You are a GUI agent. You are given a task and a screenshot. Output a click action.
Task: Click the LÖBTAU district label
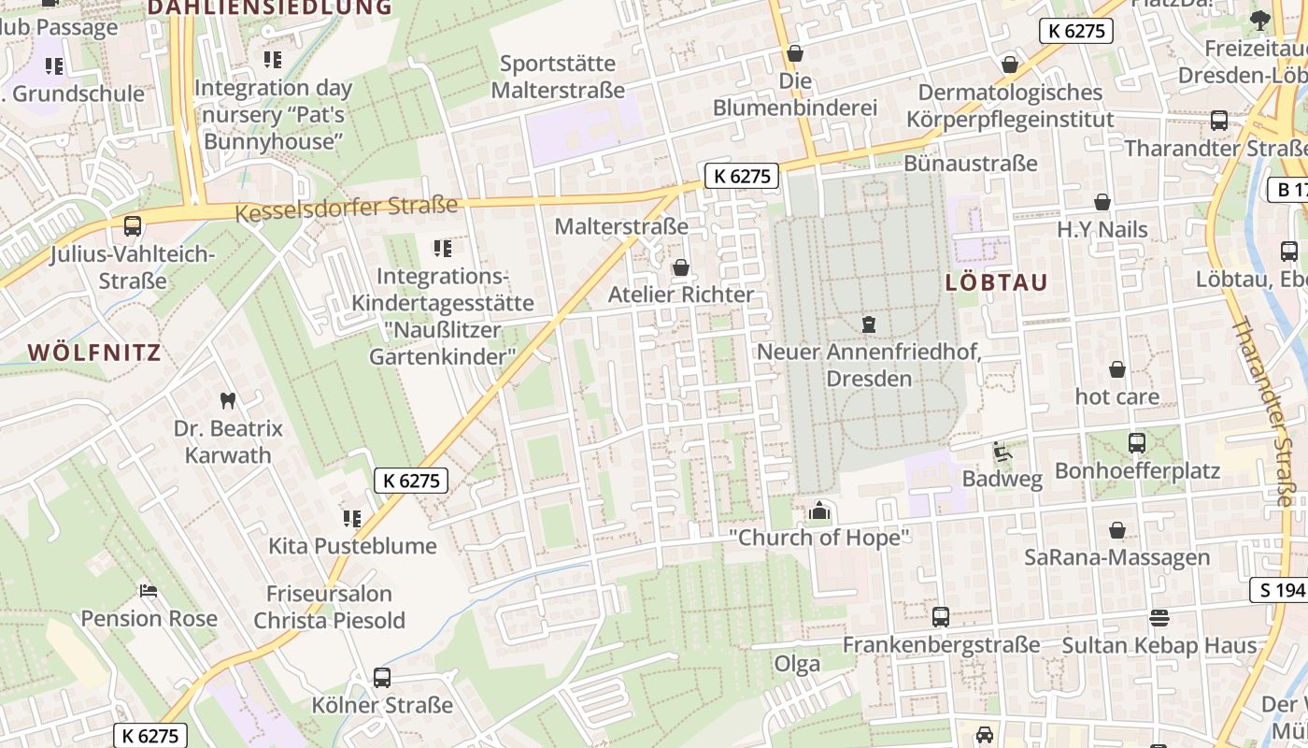(996, 282)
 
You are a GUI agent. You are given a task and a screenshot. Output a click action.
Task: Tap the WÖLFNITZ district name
(94, 352)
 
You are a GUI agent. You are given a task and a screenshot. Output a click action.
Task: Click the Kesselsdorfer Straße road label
(347, 208)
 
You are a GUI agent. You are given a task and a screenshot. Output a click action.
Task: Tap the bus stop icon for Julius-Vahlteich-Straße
(133, 225)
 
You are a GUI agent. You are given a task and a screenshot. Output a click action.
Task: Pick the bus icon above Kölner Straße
(381, 677)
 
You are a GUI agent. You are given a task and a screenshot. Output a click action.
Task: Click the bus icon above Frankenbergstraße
(941, 617)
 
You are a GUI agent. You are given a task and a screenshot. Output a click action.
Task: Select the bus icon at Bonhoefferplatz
(1137, 442)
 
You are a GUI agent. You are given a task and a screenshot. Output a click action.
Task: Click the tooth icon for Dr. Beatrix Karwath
(227, 400)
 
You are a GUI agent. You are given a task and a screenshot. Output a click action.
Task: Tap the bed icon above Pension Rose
(149, 590)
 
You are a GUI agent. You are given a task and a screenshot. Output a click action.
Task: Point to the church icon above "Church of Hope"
(819, 511)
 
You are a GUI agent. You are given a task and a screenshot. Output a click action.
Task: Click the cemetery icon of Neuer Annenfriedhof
(869, 324)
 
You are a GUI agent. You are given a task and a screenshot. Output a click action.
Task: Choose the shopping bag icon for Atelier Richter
(681, 267)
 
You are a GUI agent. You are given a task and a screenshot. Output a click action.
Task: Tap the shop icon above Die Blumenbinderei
(795, 53)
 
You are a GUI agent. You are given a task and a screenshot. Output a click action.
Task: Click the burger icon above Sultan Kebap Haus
(1159, 617)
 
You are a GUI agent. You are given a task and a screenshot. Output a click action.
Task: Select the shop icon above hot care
(1116, 369)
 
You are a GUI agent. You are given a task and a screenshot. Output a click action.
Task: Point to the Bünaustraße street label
(971, 164)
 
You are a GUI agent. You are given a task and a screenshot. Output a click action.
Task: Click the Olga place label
(797, 664)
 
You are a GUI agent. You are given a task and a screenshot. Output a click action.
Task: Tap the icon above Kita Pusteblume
(352, 518)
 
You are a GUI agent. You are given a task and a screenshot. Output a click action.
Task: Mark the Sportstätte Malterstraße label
(558, 77)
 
